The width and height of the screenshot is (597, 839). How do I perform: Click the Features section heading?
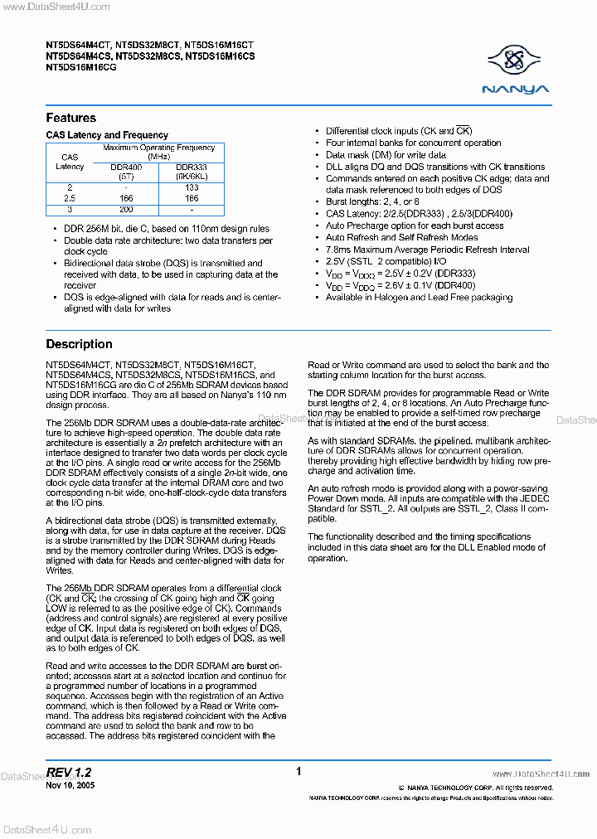click(70, 118)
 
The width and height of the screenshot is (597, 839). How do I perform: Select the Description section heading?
click(79, 344)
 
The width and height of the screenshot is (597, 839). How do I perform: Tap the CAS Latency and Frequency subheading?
click(107, 135)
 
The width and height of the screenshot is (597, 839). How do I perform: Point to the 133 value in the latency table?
click(192, 188)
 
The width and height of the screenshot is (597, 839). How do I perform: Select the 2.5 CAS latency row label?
click(70, 199)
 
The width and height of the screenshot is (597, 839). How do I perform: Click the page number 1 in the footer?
click(298, 772)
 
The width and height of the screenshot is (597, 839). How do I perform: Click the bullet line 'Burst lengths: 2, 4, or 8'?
click(372, 201)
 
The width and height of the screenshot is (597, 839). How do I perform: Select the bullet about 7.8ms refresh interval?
click(427, 250)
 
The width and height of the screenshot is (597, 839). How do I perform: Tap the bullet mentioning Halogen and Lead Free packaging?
click(419, 298)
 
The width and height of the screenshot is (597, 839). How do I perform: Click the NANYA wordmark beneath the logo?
click(517, 89)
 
